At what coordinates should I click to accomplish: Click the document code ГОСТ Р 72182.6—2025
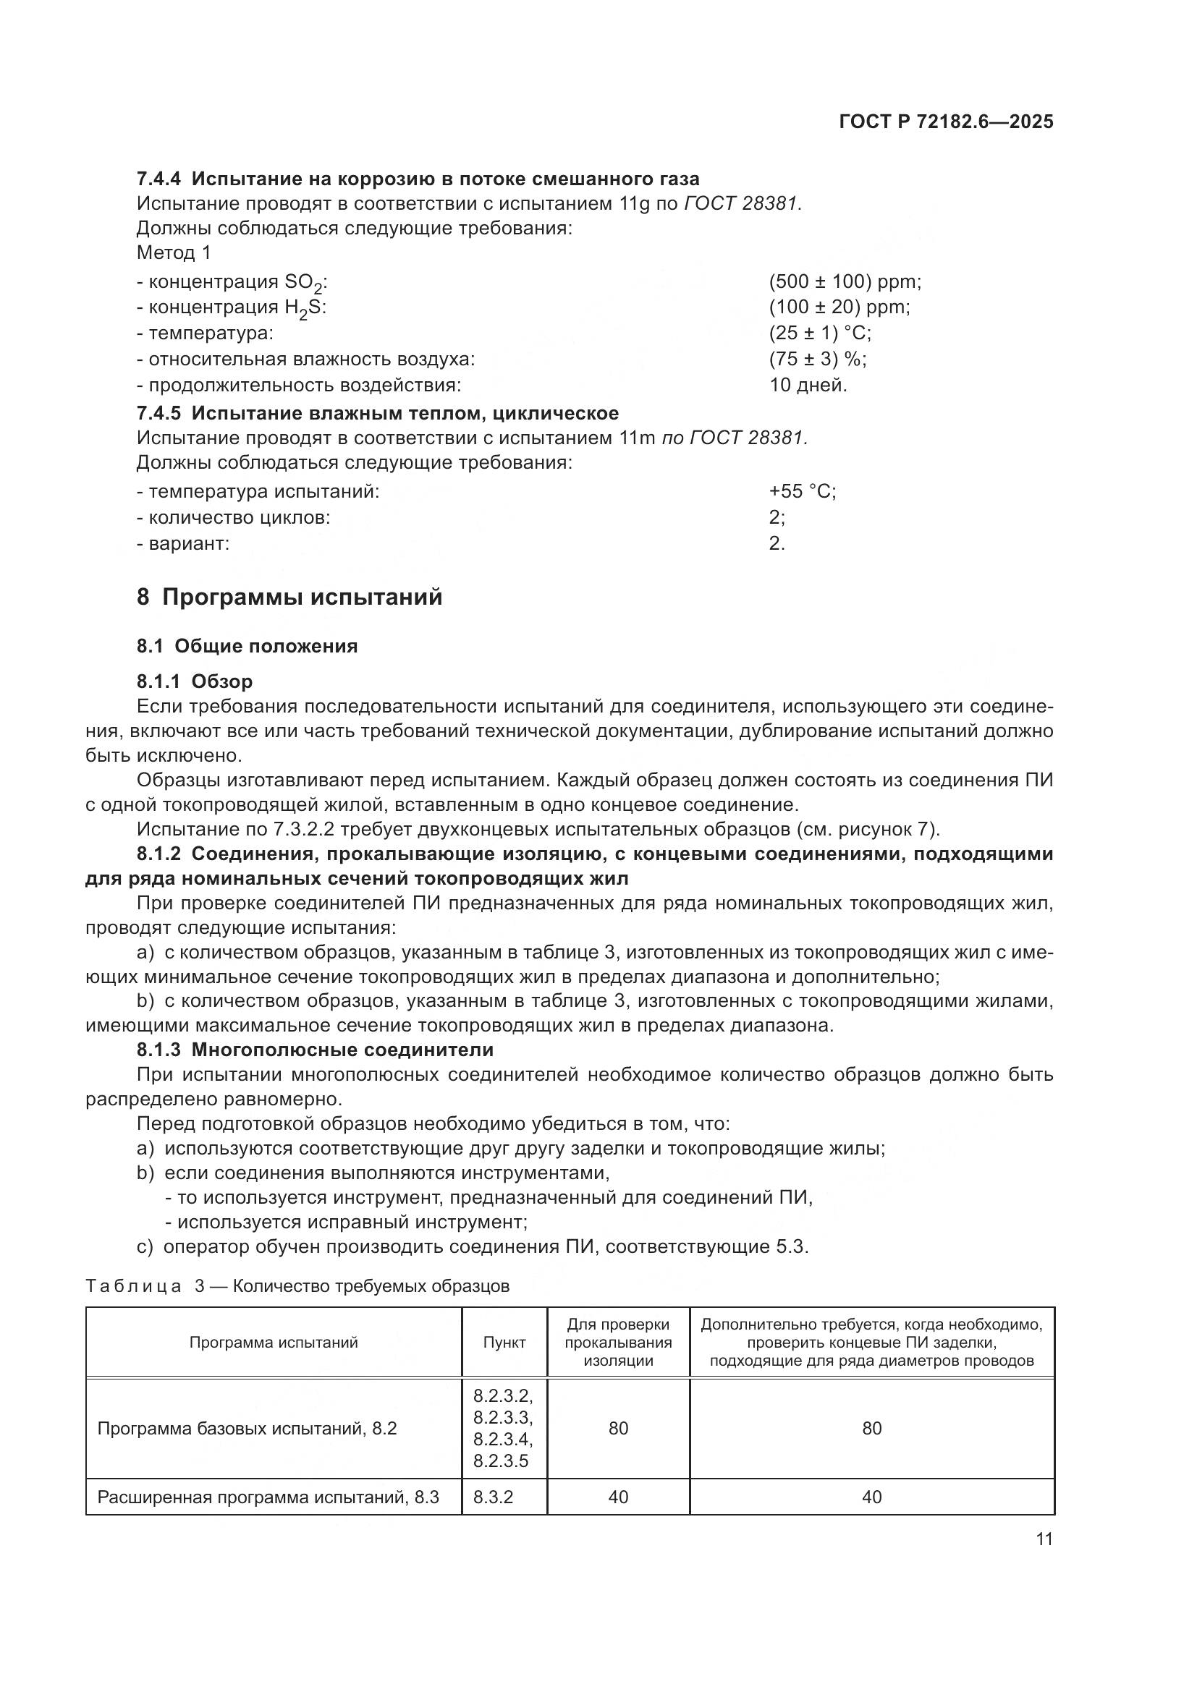(946, 122)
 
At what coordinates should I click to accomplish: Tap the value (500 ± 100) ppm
(845, 281)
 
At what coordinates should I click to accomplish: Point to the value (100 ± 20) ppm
(839, 307)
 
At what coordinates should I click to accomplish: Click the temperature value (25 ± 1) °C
(820, 333)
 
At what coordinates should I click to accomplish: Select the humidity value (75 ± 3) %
(817, 359)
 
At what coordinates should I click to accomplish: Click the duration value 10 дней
(808, 385)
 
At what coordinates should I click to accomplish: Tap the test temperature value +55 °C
(802, 490)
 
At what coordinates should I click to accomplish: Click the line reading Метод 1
(174, 252)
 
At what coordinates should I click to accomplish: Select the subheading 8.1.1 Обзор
(195, 681)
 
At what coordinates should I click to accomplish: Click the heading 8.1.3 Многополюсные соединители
(315, 1050)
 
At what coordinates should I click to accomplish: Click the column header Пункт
(504, 1342)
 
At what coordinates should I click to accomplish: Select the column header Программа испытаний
(274, 1342)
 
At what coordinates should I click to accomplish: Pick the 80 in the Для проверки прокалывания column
(617, 1428)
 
